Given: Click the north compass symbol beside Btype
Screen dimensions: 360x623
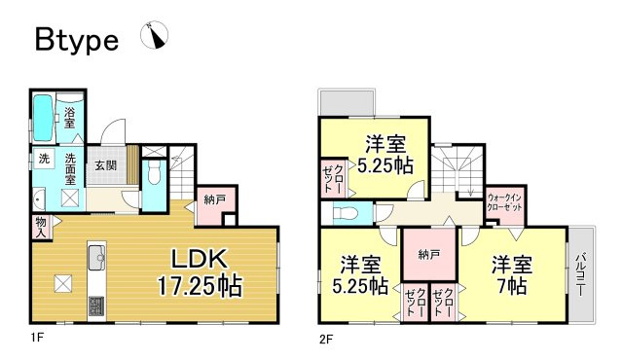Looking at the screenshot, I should pyautogui.click(x=155, y=36).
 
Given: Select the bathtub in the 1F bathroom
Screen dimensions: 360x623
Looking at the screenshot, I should pyautogui.click(x=43, y=119).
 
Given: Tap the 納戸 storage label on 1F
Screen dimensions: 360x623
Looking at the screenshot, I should pyautogui.click(x=214, y=199).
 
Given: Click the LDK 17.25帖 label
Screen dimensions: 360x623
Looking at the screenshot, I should pyautogui.click(x=200, y=272).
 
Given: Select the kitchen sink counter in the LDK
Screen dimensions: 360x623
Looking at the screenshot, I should pyautogui.click(x=96, y=258).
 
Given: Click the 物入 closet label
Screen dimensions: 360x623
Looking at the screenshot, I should pyautogui.click(x=40, y=228).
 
